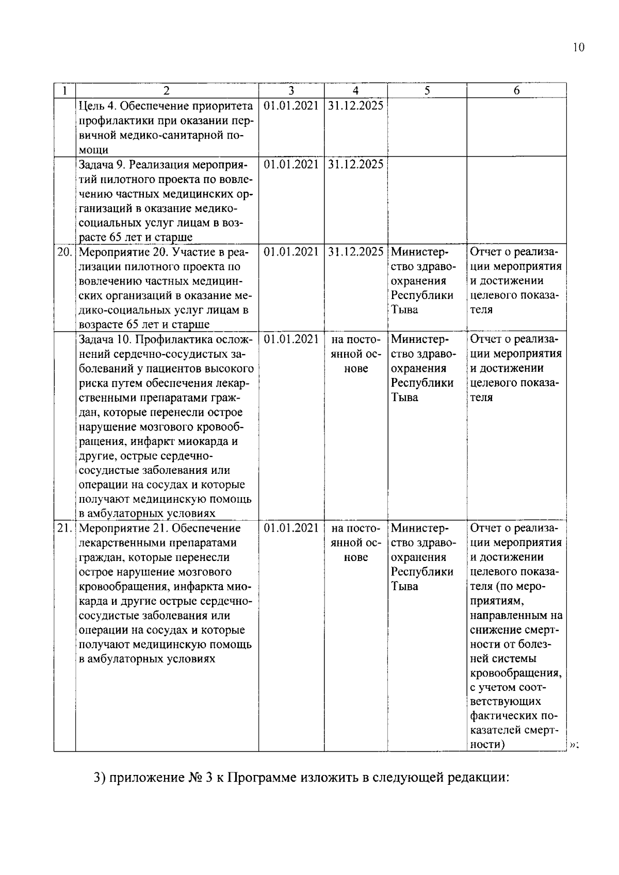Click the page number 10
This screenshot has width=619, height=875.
click(578, 48)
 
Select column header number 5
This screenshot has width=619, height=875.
click(427, 91)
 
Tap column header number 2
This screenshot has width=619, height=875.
click(166, 91)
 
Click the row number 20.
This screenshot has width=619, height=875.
click(64, 252)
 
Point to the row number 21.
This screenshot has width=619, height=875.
click(64, 528)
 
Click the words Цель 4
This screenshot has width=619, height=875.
click(96, 106)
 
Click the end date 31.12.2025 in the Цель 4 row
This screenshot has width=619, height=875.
click(355, 106)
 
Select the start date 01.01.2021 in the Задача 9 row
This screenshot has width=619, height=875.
click(291, 164)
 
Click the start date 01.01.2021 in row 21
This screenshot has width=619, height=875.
click(291, 528)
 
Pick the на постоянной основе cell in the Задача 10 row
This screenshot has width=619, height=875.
click(355, 354)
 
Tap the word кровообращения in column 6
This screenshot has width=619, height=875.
click(515, 673)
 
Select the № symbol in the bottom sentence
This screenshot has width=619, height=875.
click(194, 778)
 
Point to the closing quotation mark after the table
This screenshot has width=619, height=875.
click(573, 745)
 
